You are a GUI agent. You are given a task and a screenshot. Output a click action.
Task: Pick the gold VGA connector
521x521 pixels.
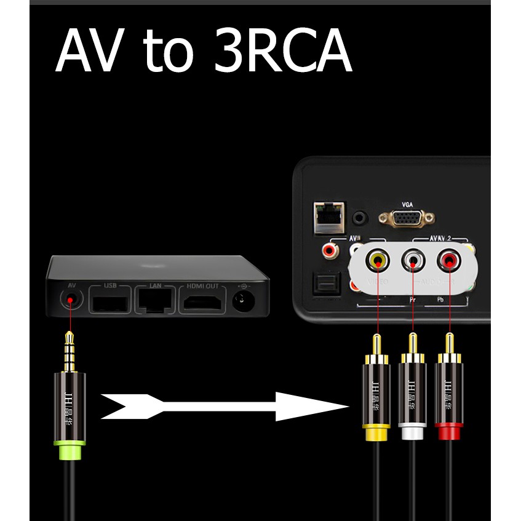tap(407, 219)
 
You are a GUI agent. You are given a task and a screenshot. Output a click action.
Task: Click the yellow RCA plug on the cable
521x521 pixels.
tap(375, 394)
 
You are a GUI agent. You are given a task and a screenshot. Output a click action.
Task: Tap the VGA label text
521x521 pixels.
tap(407, 203)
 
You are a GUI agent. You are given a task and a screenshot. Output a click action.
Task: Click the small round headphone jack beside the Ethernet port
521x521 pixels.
tap(360, 217)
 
